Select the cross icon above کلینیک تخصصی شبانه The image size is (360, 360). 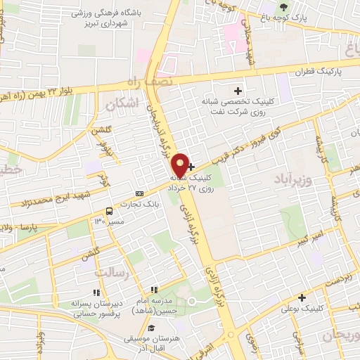tap(238, 90)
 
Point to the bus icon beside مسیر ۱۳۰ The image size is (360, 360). tap(109, 210)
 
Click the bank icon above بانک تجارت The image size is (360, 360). tap(139, 193)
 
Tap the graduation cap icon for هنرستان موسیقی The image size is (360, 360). tap(150, 328)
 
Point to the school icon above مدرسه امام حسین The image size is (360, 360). tap(153, 290)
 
